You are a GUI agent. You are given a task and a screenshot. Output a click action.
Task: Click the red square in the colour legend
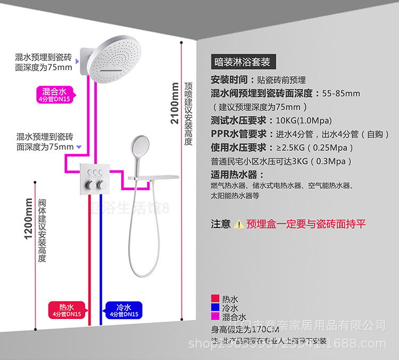[x=215, y=299]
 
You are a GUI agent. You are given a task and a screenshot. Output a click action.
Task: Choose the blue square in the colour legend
[x=215, y=308]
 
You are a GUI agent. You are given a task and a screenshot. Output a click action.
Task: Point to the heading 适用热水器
[x=234, y=175]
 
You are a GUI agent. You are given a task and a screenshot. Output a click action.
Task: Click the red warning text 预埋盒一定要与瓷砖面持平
[x=306, y=224]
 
